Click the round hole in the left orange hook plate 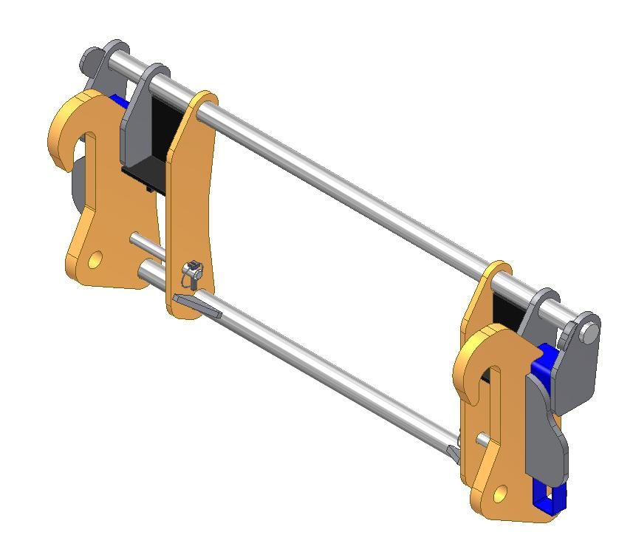[95, 259]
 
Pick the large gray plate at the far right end [580, 377]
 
